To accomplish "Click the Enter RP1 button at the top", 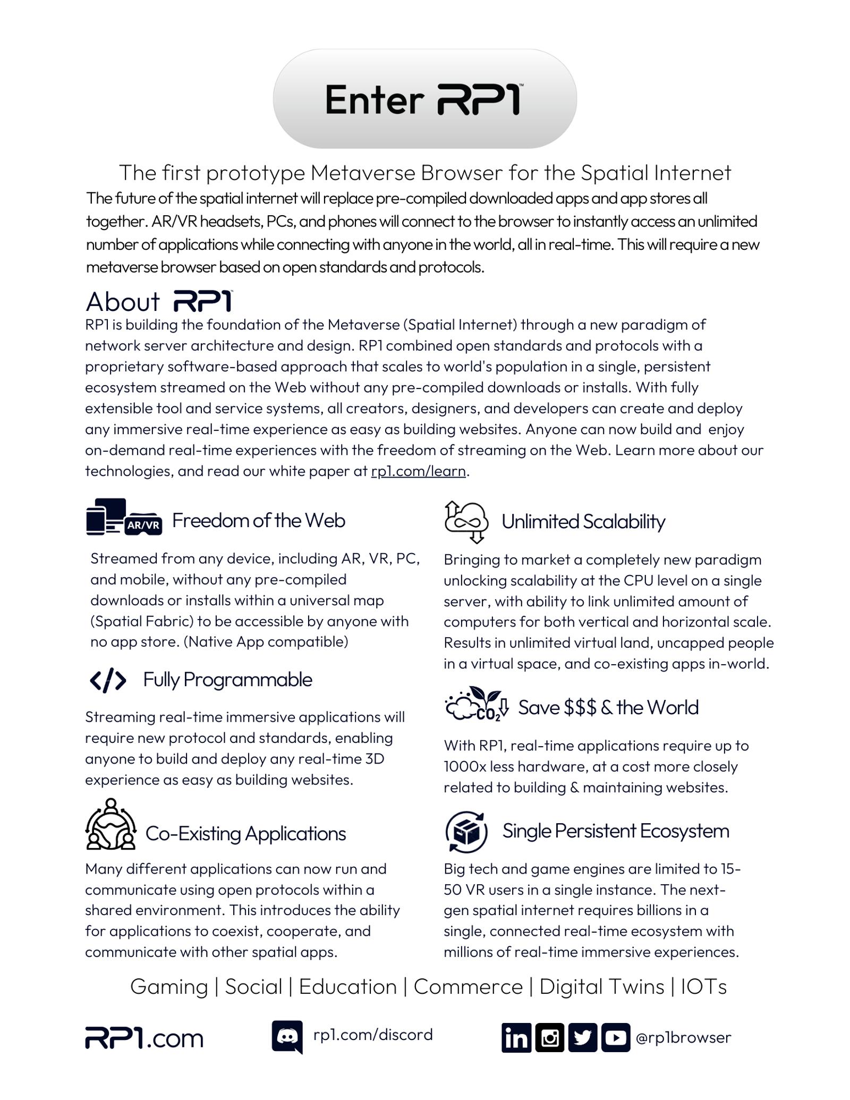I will pos(424,99).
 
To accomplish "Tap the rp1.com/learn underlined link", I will pos(418,471).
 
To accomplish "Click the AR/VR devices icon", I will pos(124,517).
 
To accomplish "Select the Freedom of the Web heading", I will pos(259,520).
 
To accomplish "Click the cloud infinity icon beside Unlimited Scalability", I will pos(466,521).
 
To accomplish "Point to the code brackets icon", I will pos(108,680).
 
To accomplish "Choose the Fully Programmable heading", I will pos(227,680).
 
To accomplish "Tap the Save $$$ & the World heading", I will pos(608,707).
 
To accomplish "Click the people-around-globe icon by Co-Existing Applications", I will pos(110,825).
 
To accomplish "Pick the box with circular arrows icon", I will pos(466,831).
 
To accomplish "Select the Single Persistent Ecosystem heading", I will pos(616,831).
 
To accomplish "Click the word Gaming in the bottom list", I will pos(169,986).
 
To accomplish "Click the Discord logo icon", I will pos(287,1036).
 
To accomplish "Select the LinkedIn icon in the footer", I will pos(516,1037).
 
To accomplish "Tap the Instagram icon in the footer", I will pos(549,1037).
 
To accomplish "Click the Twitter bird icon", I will pos(582,1037).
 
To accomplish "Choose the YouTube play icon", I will pos(616,1037).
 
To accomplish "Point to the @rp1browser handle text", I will pos(683,1037).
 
